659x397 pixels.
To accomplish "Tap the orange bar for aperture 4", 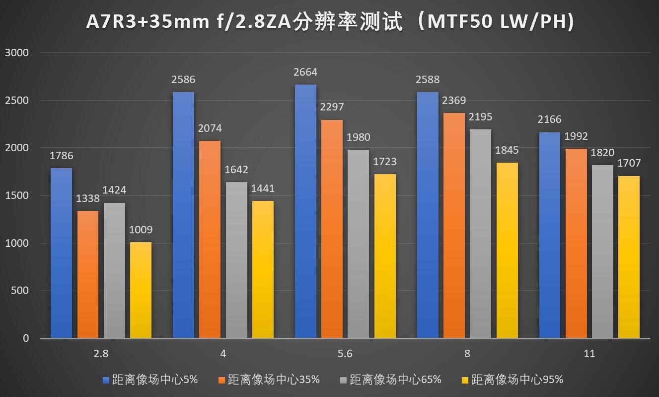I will (210, 239).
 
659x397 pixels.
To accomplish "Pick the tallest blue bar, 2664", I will (305, 211).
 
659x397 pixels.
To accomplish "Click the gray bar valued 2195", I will (480, 234).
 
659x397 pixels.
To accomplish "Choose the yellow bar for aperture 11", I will (629, 257).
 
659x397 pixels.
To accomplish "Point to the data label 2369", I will (454, 101).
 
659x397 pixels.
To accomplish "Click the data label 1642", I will (236, 170).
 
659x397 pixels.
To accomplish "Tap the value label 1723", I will (385, 162).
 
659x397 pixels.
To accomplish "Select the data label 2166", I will (549, 120).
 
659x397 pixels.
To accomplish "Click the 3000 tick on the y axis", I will (17, 53).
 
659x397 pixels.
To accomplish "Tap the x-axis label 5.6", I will (345, 354).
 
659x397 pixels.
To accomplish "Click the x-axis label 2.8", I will (101, 354).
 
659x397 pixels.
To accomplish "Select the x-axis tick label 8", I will (467, 354).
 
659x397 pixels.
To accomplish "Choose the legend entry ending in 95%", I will (517, 380).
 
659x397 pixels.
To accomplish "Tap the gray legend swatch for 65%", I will (343, 380).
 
